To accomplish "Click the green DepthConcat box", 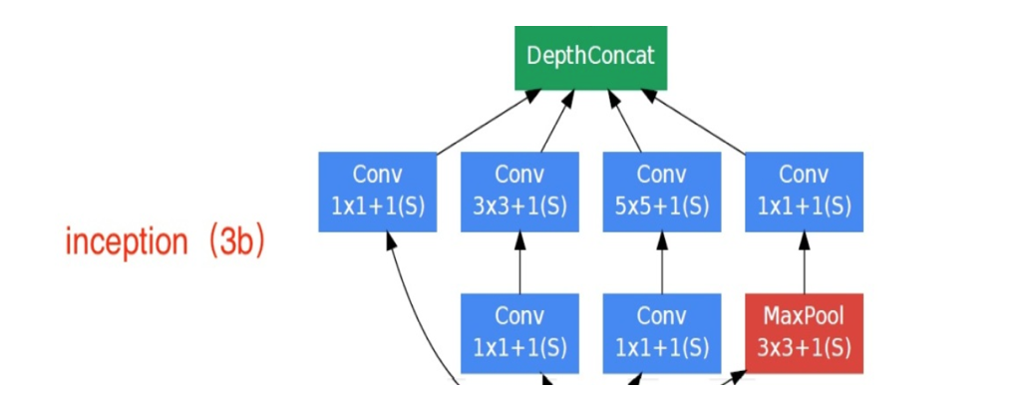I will (589, 55).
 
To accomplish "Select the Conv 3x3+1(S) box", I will (519, 192).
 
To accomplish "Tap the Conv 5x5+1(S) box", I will (661, 192).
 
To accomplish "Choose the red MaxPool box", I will (804, 333).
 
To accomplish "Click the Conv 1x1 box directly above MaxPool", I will (804, 192).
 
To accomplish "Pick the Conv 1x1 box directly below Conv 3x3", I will (519, 333).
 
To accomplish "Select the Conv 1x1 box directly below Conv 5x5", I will (661, 333).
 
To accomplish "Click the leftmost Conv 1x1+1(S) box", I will (377, 192).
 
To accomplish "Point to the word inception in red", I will (126, 242).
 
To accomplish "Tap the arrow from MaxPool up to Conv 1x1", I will (804, 263).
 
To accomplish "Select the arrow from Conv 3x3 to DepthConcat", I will (556, 122).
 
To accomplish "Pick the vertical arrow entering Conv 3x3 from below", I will (519, 263).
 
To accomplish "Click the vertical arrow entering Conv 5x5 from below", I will (661, 263).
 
